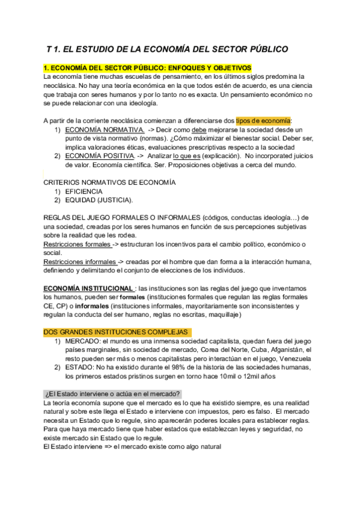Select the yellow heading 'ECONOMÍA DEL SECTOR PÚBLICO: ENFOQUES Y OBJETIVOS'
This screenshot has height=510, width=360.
[150, 69]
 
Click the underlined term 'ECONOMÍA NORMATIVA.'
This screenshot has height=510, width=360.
[104, 129]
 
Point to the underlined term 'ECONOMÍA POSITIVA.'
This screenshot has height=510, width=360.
[99, 155]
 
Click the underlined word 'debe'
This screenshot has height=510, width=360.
[199, 129]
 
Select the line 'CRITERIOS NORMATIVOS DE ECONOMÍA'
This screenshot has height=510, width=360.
[109, 182]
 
